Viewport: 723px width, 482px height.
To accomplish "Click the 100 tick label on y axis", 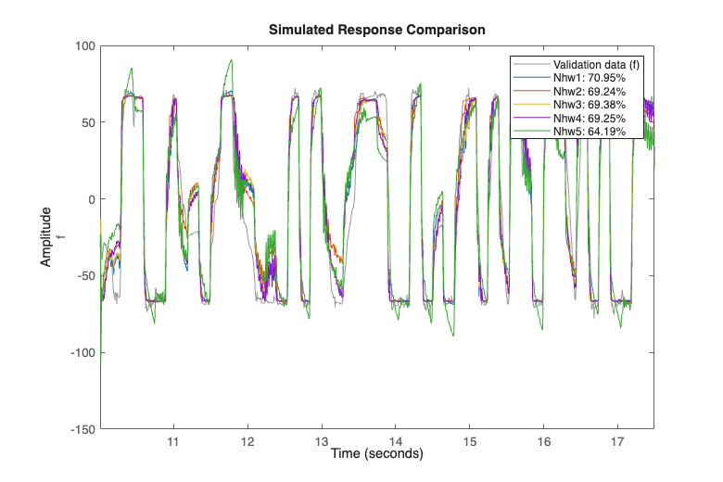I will (85, 45).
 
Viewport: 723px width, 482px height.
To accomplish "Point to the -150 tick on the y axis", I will (82, 429).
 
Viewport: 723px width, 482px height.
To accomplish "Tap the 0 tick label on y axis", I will (91, 199).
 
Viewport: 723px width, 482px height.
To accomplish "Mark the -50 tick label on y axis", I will (85, 276).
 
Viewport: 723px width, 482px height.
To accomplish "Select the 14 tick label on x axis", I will (396, 441).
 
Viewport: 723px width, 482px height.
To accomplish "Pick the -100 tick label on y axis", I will (82, 353).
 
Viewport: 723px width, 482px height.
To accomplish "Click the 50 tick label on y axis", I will (88, 122).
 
